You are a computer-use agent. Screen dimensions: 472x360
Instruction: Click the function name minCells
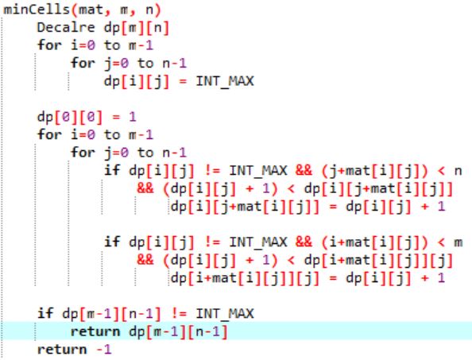tap(37, 10)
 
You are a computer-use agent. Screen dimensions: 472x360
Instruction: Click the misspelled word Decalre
tap(66, 28)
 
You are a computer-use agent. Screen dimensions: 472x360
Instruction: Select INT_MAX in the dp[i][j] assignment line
tap(225, 81)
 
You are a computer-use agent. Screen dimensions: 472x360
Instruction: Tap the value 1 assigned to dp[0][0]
tap(133, 117)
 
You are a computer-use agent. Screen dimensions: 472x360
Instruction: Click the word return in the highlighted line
tap(95, 331)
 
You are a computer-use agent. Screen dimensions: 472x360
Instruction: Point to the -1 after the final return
tap(104, 350)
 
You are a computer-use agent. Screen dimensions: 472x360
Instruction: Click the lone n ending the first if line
tap(458, 171)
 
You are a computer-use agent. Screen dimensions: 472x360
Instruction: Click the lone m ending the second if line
tap(458, 242)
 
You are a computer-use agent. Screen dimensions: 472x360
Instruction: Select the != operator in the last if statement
tap(179, 314)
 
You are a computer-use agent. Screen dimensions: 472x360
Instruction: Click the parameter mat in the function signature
tap(91, 10)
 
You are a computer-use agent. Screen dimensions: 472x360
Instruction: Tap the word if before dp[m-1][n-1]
tap(45, 313)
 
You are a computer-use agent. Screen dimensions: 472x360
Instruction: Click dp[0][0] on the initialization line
tap(70, 117)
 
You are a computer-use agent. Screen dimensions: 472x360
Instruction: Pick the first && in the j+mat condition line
tap(304, 170)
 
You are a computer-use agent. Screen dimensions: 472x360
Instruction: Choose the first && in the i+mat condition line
tap(304, 242)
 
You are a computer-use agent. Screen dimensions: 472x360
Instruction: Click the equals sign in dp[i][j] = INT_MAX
tap(183, 82)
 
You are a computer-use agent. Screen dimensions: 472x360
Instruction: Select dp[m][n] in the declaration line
tap(137, 28)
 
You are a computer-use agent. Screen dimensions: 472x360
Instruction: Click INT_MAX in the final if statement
tap(225, 314)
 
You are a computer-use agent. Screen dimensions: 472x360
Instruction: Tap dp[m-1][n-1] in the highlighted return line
tap(178, 331)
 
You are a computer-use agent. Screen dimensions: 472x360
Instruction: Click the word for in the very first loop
tap(49, 45)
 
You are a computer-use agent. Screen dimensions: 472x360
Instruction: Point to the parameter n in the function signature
tap(149, 10)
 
